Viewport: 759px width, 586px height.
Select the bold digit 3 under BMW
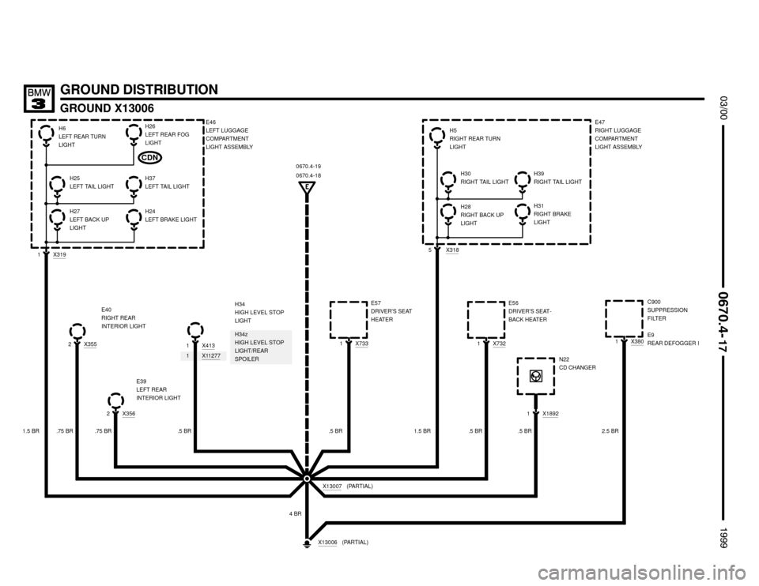click(x=39, y=103)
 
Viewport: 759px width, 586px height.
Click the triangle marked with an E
click(x=307, y=187)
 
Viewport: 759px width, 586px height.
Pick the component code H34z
click(x=240, y=335)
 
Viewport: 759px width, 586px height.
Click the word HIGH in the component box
click(x=241, y=343)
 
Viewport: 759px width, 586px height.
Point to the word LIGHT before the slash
click(x=243, y=351)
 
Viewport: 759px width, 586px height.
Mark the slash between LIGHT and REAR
click(x=252, y=351)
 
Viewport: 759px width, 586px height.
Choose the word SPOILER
click(x=247, y=359)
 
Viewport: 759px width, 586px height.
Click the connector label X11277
click(x=211, y=356)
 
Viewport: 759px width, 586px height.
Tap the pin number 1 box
click(x=187, y=356)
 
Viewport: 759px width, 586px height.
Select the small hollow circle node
click(x=307, y=479)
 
